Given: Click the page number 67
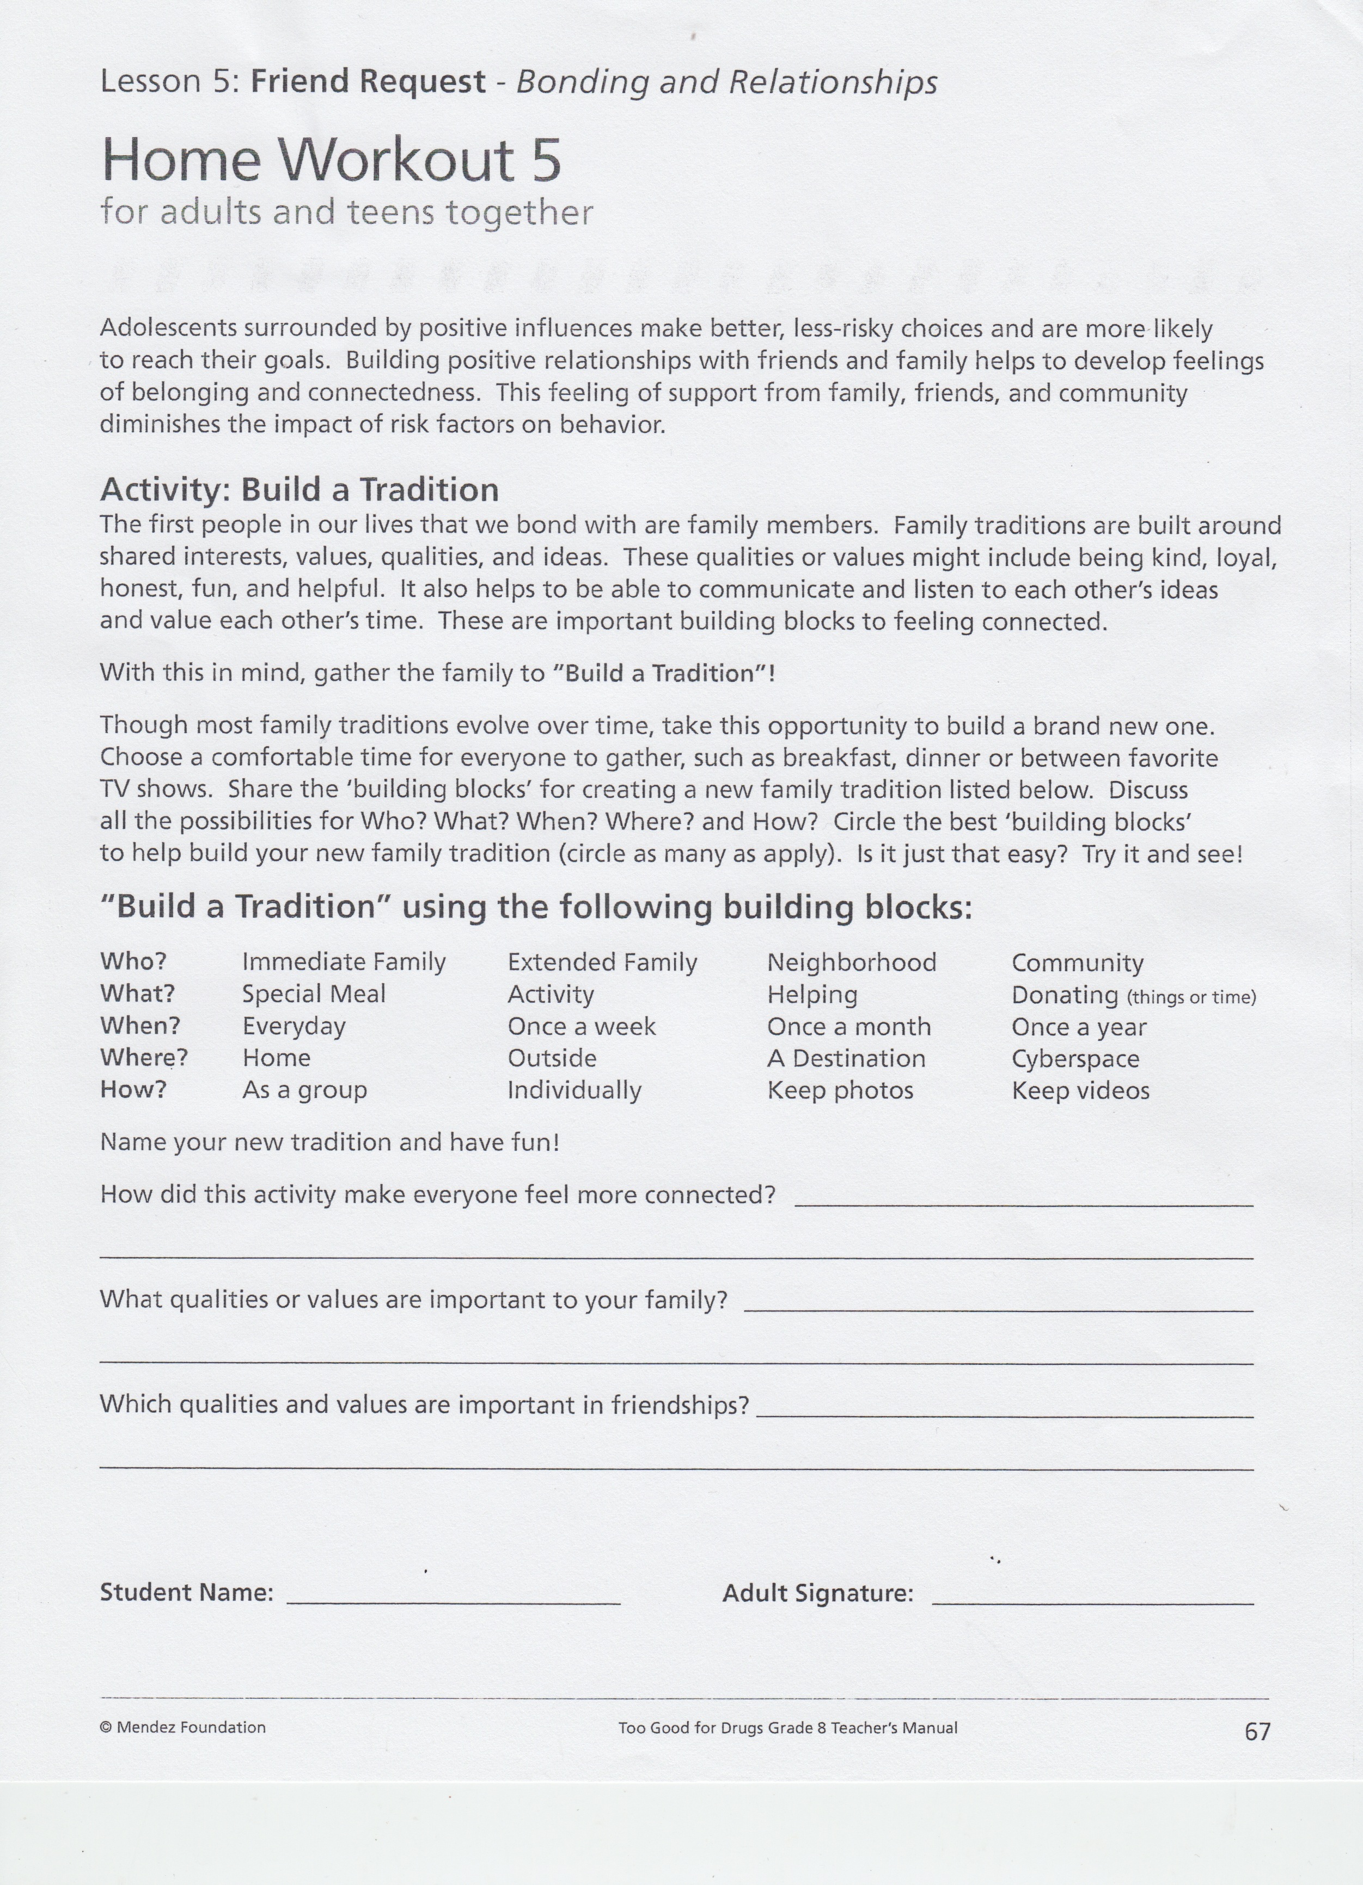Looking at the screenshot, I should pyautogui.click(x=1257, y=1731).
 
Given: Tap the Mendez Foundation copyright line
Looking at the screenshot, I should pyautogui.click(x=183, y=1727).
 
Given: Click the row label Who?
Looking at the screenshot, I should pyautogui.click(x=133, y=962).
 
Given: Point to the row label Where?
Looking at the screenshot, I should pyautogui.click(x=144, y=1058).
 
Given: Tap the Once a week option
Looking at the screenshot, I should pyautogui.click(x=581, y=1027).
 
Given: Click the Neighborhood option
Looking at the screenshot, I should pyautogui.click(x=851, y=962).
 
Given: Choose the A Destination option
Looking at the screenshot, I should pyautogui.click(x=846, y=1059).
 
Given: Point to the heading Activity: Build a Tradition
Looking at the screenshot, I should pyautogui.click(x=299, y=490).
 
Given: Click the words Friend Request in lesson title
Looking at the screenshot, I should pyautogui.click(x=368, y=82).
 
